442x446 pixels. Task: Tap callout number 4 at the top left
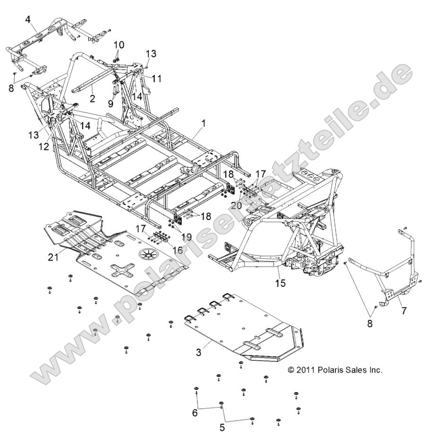pos(28,19)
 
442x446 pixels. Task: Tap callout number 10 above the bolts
pos(119,44)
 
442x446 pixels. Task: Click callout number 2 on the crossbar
pos(93,98)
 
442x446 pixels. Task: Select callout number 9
pos(110,103)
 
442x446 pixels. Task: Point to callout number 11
pos(156,79)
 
